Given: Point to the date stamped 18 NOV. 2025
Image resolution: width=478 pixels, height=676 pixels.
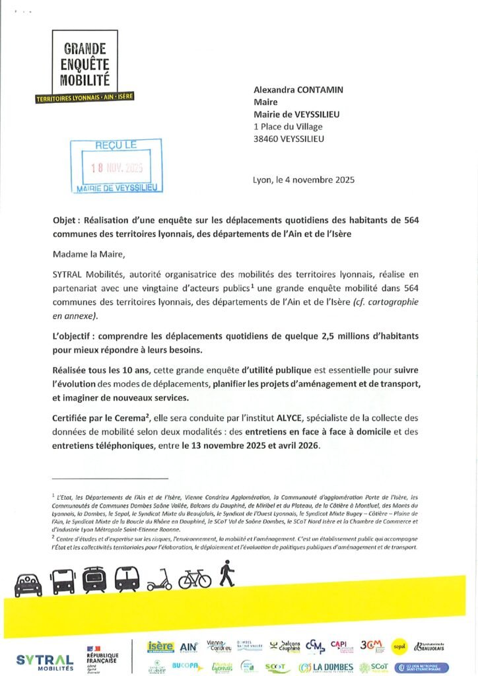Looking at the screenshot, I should (117, 167).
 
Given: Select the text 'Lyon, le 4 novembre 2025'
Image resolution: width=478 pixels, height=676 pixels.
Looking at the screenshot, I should (304, 180).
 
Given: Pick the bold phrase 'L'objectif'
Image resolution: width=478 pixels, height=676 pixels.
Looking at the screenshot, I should (74, 336).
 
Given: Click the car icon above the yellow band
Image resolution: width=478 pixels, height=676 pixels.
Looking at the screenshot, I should (28, 584).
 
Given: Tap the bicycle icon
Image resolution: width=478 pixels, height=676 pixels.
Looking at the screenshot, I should (195, 579).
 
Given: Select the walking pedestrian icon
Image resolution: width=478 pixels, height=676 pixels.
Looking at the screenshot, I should (227, 574).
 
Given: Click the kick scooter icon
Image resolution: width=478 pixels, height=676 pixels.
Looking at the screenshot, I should (159, 579).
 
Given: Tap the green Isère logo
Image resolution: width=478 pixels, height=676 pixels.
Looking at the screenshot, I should (160, 646).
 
